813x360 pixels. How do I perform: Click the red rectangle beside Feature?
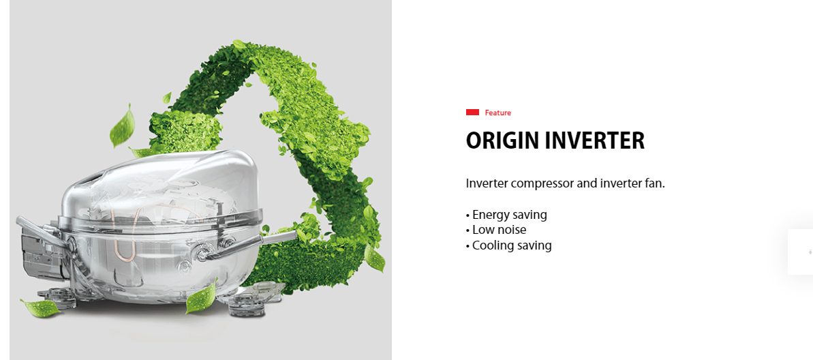pyautogui.click(x=472, y=112)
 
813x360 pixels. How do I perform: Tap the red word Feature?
pyautogui.click(x=497, y=112)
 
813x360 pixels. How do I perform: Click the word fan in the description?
pyautogui.click(x=655, y=183)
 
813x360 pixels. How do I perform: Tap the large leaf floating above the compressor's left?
pyautogui.click(x=123, y=126)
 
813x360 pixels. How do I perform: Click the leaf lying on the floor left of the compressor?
pyautogui.click(x=40, y=307)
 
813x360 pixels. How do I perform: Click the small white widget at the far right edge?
pyautogui.click(x=801, y=252)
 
